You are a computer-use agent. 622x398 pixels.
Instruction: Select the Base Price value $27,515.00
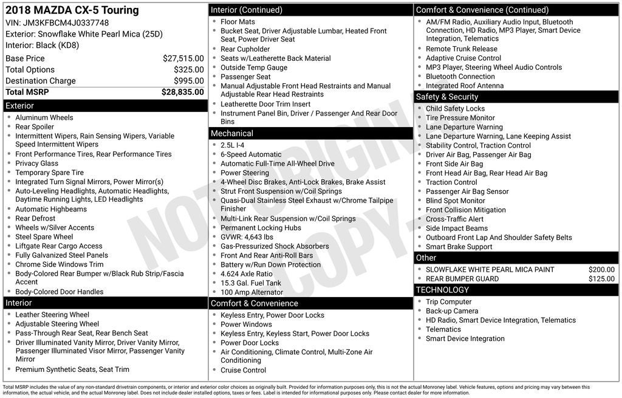tap(183, 58)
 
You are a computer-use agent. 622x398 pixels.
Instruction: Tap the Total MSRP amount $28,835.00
tap(182, 92)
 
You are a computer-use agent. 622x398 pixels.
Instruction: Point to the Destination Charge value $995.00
tap(188, 81)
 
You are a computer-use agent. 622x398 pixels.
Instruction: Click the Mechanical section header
tap(231, 133)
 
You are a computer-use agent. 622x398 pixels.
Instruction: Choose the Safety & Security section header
tap(446, 97)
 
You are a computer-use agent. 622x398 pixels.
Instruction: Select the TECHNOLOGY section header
tap(443, 290)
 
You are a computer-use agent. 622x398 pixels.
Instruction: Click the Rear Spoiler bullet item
tap(35, 127)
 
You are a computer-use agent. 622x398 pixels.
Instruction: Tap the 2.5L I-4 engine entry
tap(233, 145)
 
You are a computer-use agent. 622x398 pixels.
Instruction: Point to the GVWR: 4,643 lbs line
tap(247, 237)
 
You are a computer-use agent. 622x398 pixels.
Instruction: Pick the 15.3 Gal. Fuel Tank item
tap(251, 283)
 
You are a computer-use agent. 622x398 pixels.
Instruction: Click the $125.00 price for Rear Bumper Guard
tap(601, 279)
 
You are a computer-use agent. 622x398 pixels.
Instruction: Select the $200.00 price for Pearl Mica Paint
tap(601, 270)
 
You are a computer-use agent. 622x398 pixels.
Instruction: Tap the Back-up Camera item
tap(452, 311)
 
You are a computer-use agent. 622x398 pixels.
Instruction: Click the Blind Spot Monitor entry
tap(456, 201)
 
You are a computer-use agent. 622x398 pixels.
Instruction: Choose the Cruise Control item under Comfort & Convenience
tap(243, 370)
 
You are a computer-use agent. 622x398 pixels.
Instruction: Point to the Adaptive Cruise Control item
tap(463, 58)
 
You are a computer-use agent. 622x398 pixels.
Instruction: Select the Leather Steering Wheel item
tap(52, 315)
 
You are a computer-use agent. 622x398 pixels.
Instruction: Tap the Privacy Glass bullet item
tap(37, 163)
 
